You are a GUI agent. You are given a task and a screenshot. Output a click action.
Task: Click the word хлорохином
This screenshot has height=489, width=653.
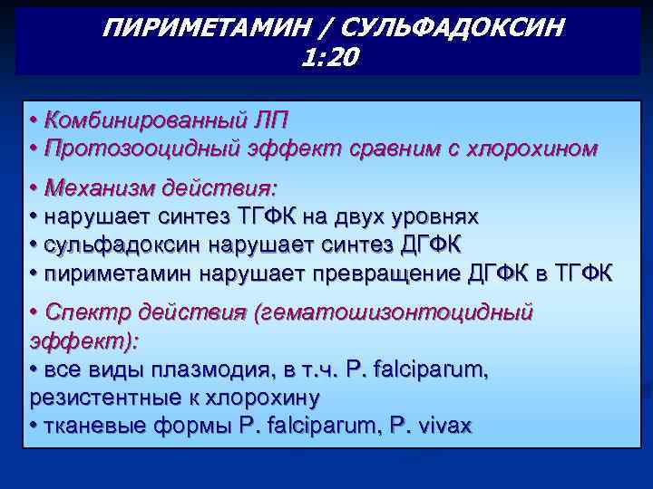click(x=531, y=149)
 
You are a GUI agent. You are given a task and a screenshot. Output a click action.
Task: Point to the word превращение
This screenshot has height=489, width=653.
click(x=376, y=273)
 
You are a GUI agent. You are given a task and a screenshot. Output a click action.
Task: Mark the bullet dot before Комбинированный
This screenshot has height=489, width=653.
click(x=33, y=121)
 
